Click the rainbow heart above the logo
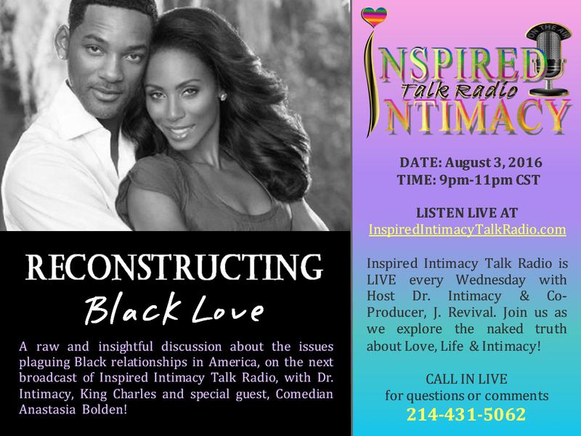pyautogui.click(x=374, y=17)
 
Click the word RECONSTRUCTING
pyautogui.click(x=174, y=267)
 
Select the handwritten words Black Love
pyautogui.click(x=174, y=309)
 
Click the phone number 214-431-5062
pyautogui.click(x=466, y=414)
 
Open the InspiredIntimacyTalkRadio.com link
pyautogui.click(x=467, y=230)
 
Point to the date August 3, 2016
pyautogui.click(x=494, y=162)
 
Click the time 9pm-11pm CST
pyautogui.click(x=489, y=179)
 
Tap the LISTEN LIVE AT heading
pyautogui.click(x=467, y=213)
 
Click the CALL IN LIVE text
pyautogui.click(x=466, y=379)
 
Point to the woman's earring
pyautogui.click(x=224, y=97)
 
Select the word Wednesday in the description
pyautogui.click(x=490, y=280)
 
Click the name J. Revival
pyautogui.click(x=464, y=312)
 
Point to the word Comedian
pyautogui.click(x=304, y=394)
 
